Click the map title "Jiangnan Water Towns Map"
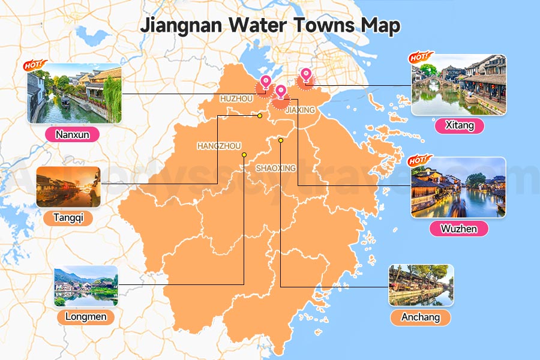(x=270, y=26)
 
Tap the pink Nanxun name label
(x=72, y=134)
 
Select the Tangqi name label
(x=68, y=218)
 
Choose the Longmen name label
(x=85, y=317)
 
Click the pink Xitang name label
(x=459, y=125)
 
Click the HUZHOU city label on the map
(x=236, y=98)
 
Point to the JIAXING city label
(x=300, y=110)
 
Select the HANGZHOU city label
(x=218, y=146)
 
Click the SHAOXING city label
(x=275, y=168)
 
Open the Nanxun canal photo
(x=74, y=94)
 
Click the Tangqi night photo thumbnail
(x=68, y=187)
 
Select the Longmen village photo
(x=85, y=286)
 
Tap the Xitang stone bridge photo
(x=458, y=85)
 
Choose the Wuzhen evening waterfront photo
(x=458, y=187)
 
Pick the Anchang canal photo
(x=421, y=285)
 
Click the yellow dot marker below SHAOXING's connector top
(x=281, y=140)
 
